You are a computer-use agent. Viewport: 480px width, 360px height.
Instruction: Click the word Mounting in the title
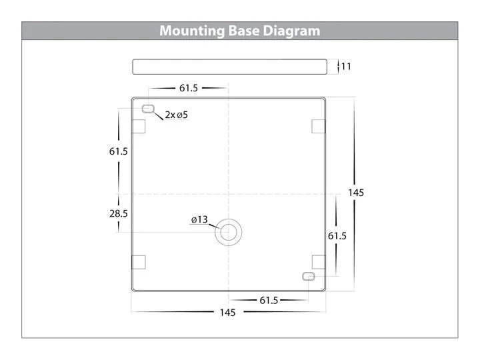[x=192, y=31]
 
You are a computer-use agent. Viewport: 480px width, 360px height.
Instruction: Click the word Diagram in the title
[x=291, y=31]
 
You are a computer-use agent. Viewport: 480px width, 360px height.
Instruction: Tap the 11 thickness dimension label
[x=346, y=67]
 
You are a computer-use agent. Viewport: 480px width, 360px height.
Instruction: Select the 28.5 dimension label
[x=119, y=213]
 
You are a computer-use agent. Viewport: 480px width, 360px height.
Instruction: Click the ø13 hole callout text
[x=199, y=219]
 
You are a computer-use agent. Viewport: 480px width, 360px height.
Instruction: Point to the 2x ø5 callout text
[x=176, y=115]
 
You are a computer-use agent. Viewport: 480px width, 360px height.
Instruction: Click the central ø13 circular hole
[x=229, y=233]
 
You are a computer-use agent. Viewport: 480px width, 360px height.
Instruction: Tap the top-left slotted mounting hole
[x=148, y=109]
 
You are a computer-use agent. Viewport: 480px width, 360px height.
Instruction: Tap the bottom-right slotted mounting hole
[x=309, y=277]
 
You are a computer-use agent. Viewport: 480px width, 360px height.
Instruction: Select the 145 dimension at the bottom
[x=227, y=313]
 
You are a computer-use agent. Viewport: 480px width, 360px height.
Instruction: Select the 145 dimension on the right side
[x=356, y=193]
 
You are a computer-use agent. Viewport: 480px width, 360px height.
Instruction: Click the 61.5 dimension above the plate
[x=189, y=88]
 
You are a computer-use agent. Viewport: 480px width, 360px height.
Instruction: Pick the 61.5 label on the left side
[x=119, y=151]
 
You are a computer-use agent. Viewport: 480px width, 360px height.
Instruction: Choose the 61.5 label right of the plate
[x=337, y=236]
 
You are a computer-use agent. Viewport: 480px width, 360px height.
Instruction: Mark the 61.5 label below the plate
[x=269, y=301]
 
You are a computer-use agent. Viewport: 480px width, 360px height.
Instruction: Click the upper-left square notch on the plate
[x=139, y=127]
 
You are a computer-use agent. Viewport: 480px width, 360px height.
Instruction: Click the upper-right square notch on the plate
[x=319, y=127]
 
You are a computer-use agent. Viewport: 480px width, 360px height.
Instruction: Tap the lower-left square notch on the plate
[x=139, y=263]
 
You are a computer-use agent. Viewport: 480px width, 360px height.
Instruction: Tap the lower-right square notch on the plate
[x=319, y=263]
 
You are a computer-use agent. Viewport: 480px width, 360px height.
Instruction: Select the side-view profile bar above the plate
[x=229, y=67]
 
